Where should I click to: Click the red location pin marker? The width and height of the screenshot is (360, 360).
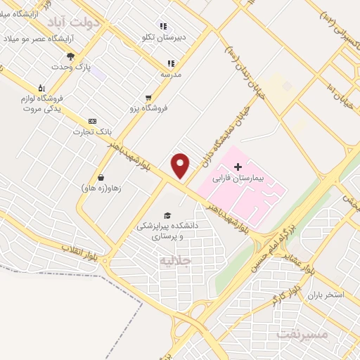[181, 166]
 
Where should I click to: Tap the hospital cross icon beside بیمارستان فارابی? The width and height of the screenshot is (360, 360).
[237, 167]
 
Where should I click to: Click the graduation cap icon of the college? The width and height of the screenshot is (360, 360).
[167, 215]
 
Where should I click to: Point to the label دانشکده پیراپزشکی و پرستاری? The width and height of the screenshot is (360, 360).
[167, 231]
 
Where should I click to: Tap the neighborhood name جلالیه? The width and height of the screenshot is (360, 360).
[175, 261]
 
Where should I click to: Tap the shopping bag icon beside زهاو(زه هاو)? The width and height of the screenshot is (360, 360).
[102, 177]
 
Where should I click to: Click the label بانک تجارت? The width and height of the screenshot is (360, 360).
[92, 131]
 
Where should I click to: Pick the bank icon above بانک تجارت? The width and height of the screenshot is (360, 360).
[92, 121]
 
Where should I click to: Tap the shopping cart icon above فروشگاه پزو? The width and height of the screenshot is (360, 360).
[148, 98]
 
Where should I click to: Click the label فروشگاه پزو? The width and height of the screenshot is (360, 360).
[148, 108]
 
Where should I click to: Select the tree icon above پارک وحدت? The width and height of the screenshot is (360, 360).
[70, 56]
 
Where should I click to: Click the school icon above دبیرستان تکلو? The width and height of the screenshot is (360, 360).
[163, 26]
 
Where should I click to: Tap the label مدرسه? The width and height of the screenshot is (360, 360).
[171, 73]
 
